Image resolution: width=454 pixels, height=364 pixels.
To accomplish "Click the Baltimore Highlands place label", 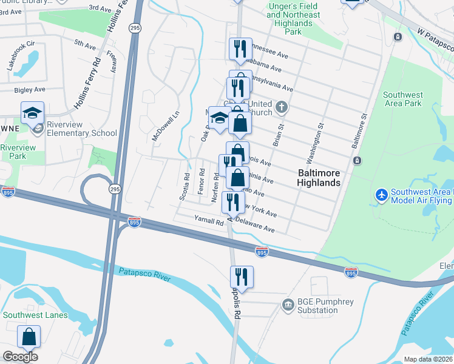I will pos(319,177).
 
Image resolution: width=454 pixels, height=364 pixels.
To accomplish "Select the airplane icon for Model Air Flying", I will pos(381,195).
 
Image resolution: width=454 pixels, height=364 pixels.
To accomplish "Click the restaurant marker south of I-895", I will pos(242,277).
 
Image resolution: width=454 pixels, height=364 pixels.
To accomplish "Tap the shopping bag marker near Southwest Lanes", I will pos(29,337).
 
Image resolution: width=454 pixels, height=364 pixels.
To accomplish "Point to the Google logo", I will pos(20,356).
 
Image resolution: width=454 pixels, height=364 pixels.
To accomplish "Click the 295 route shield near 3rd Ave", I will pos(135,28).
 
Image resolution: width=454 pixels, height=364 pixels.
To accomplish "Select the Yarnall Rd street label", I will pos(209,221).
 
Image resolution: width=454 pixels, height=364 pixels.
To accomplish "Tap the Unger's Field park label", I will pos(293,19).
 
